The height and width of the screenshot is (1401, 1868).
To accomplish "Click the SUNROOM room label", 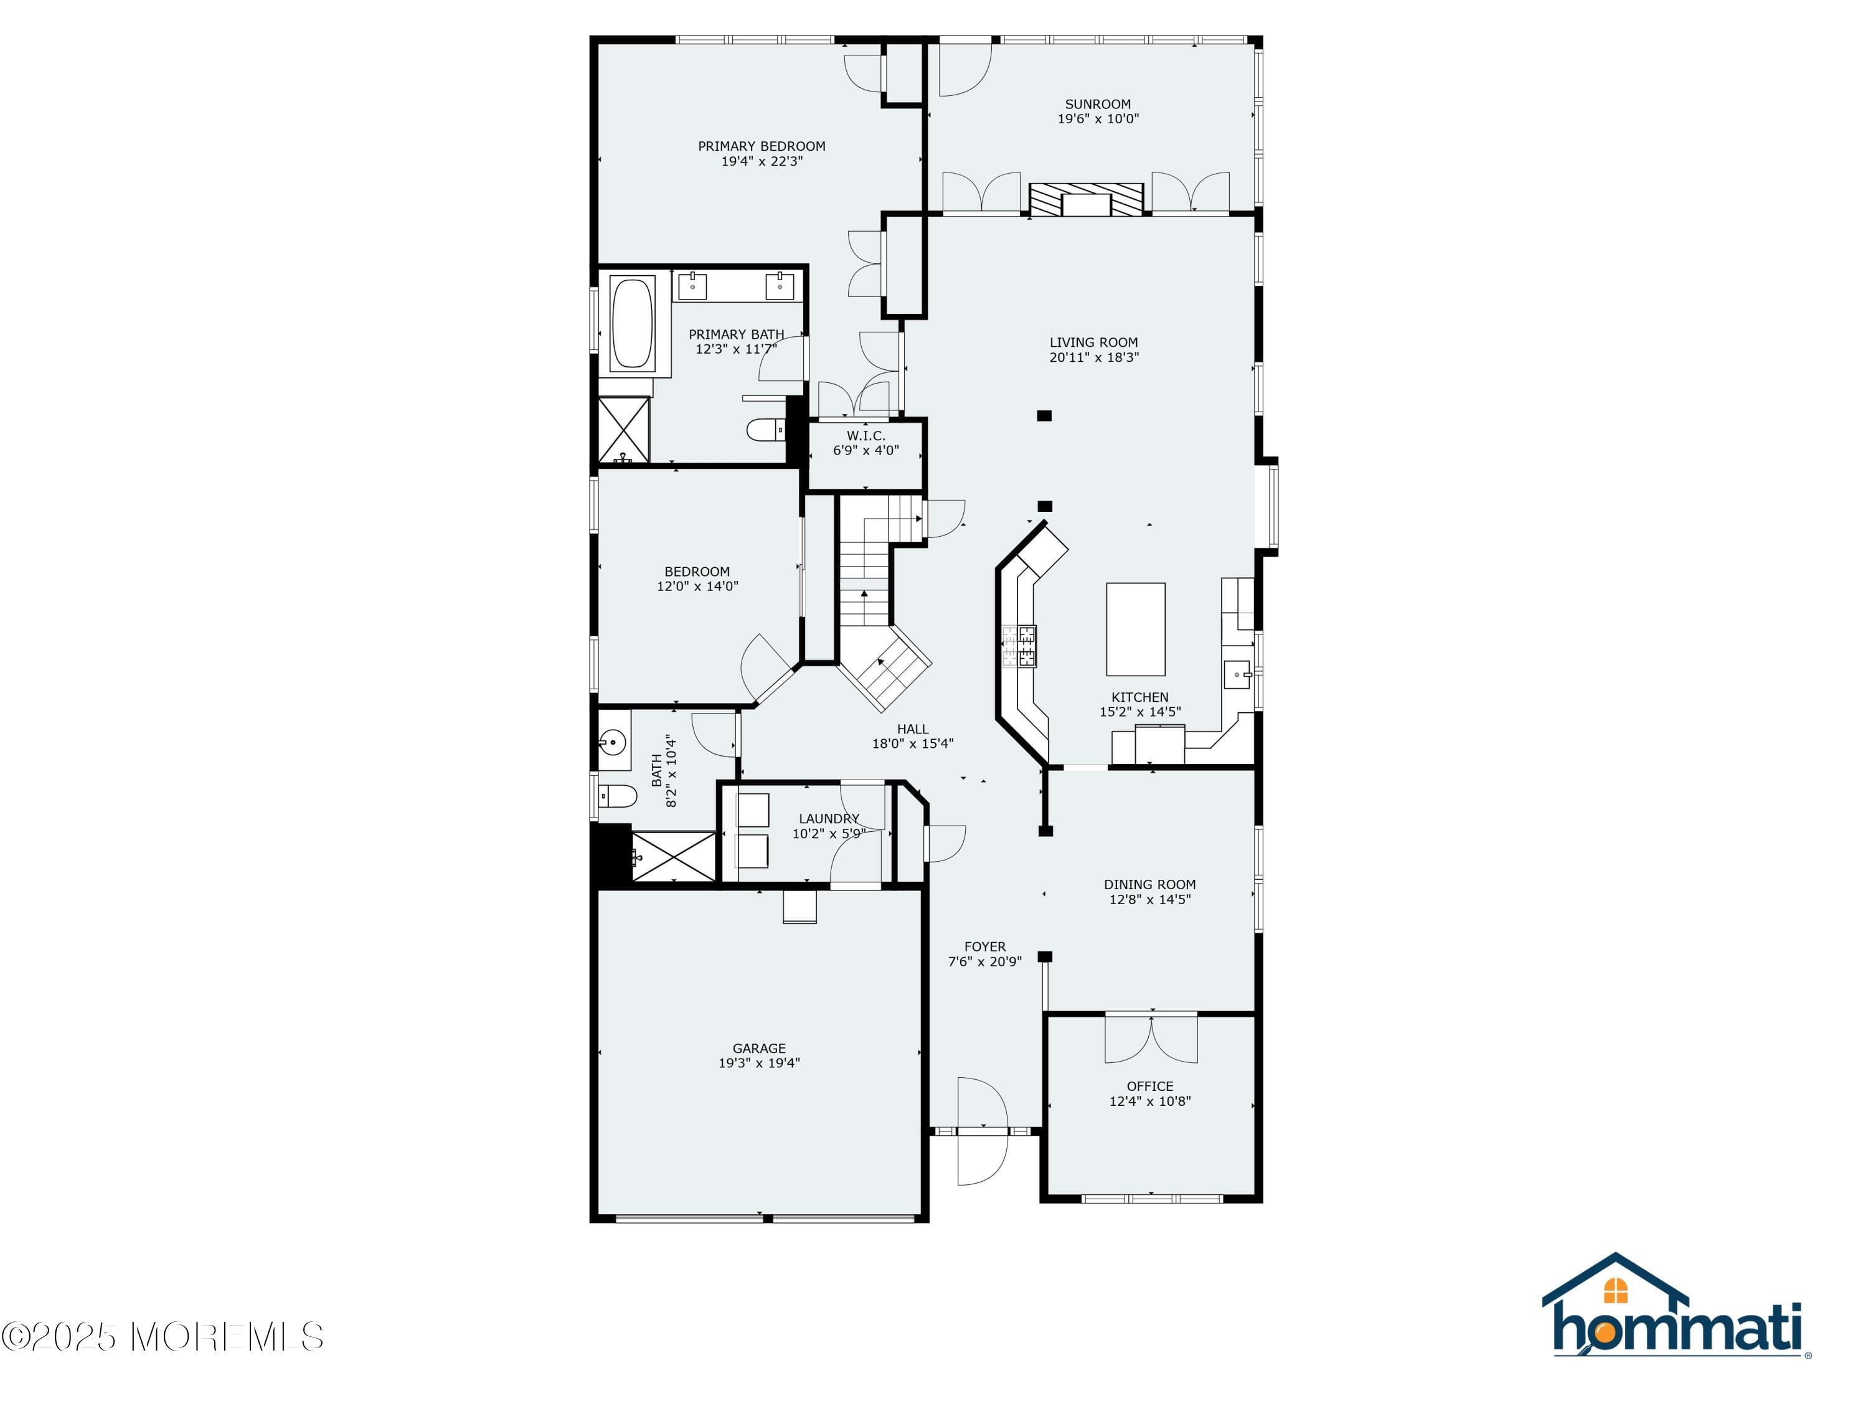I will coord(1097,104).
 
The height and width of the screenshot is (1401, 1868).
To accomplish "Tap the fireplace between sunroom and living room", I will coord(1085,199).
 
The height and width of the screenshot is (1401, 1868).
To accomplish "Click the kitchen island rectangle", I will coord(1135,629).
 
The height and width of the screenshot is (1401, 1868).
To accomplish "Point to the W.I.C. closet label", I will coord(866,436).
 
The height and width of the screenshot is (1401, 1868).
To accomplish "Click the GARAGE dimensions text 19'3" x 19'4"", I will coord(758,1064).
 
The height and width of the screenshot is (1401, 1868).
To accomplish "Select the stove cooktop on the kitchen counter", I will coord(1019,646).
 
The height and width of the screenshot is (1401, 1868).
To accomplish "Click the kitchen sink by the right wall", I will coord(1237,675).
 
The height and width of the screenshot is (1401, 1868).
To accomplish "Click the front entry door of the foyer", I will coord(982,1130).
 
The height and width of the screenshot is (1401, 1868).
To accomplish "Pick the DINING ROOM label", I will coord(1149,884).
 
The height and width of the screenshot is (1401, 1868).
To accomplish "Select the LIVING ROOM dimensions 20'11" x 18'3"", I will coord(1093,357).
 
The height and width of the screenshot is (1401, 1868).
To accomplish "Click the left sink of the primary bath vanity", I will coord(692,286).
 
